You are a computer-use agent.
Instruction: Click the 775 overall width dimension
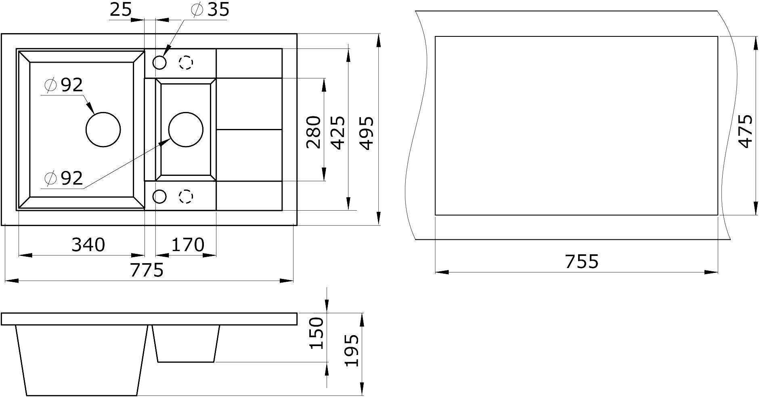pyautogui.click(x=147, y=270)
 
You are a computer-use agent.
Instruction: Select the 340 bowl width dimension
pyautogui.click(x=88, y=245)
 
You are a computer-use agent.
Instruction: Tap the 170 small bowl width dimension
pyautogui.click(x=188, y=245)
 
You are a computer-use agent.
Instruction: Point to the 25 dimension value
pyautogui.click(x=121, y=10)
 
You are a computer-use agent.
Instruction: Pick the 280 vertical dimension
pyautogui.click(x=314, y=132)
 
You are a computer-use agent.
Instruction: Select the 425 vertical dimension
pyautogui.click(x=338, y=132)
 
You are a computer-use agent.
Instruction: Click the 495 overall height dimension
pyautogui.click(x=366, y=133)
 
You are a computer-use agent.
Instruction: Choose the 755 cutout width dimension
pyautogui.click(x=581, y=262)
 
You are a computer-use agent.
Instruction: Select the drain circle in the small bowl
pyautogui.click(x=186, y=129)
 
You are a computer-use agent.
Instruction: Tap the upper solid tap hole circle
pyautogui.click(x=159, y=63)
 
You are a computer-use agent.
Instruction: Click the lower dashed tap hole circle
pyautogui.click(x=186, y=196)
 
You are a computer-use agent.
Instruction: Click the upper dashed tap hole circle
pyautogui.click(x=186, y=63)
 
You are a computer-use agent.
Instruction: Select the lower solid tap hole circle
pyautogui.click(x=159, y=196)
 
